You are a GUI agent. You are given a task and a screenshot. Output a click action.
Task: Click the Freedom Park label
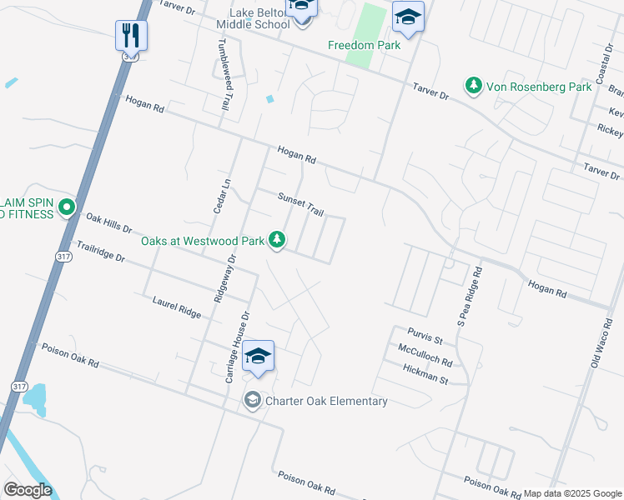coord(364,45)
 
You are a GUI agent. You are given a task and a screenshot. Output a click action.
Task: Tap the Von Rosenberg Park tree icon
coord(473,86)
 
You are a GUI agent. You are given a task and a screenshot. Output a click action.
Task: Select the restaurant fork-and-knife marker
coord(131,34)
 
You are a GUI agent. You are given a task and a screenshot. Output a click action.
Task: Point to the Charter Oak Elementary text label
coord(326,402)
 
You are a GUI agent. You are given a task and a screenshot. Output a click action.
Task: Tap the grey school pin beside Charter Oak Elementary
coord(252,402)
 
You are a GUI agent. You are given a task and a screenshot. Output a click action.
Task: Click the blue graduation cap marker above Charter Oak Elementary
coord(259,357)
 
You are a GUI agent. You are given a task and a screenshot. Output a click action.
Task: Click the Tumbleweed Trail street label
coord(224,77)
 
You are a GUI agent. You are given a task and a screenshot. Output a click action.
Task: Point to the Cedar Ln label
coord(221,197)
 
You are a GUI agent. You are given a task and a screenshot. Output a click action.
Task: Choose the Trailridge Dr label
coord(100,252)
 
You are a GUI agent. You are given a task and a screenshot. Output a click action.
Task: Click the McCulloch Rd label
coord(425,356)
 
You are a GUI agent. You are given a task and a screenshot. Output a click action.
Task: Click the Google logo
coord(28,490)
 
